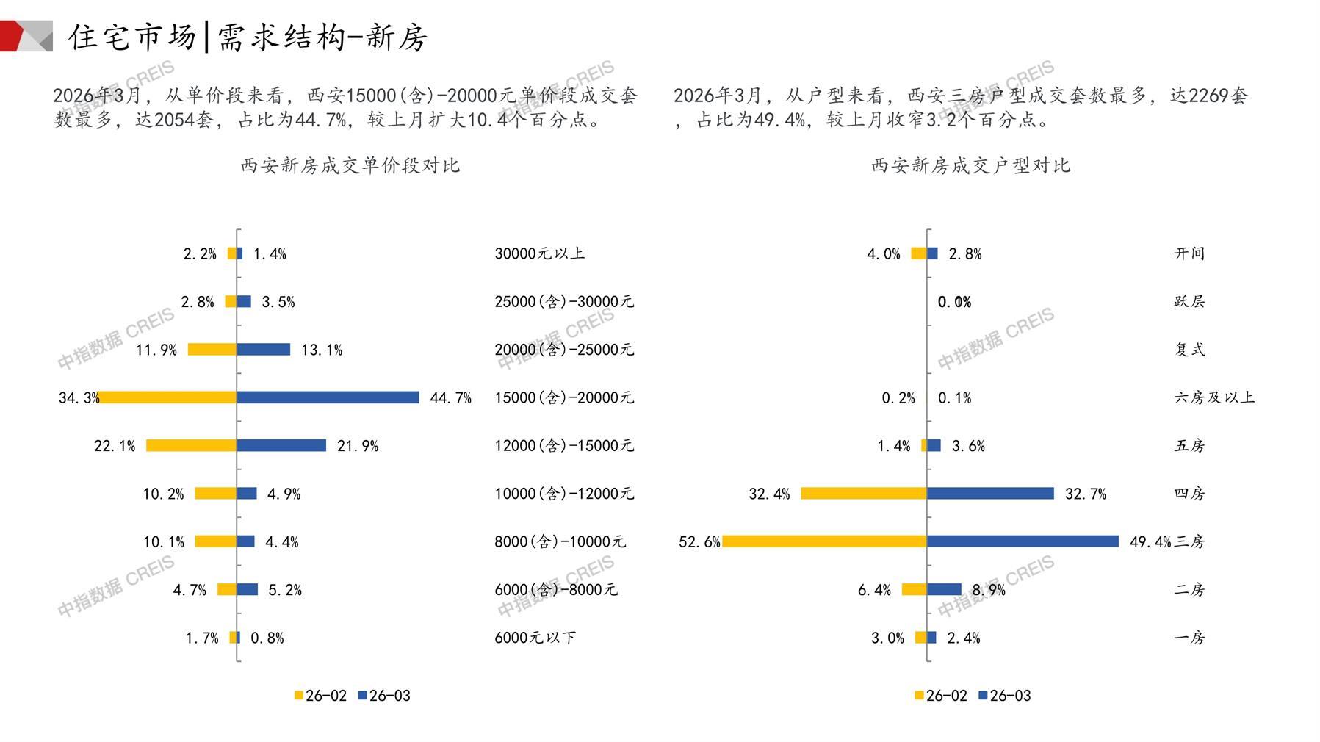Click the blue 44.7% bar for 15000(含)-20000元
[328, 397]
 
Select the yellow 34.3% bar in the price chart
[167, 397]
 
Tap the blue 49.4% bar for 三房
[1023, 541]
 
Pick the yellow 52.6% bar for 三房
[824, 541]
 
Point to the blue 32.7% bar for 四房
[990, 494]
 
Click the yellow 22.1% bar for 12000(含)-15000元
[191, 445]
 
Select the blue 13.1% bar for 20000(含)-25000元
[263, 350]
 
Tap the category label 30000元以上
[540, 253]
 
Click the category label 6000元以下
[535, 638]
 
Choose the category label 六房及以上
[1214, 397]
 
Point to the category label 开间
[1189, 253]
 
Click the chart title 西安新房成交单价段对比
[350, 165]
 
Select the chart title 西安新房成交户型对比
[970, 165]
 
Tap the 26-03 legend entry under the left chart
[384, 696]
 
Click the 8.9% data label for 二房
[989, 590]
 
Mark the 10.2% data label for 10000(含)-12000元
[163, 494]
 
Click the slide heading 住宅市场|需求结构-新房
[248, 37]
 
